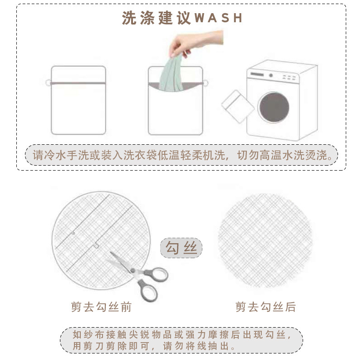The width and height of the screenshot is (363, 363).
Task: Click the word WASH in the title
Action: pyautogui.click(x=219, y=18)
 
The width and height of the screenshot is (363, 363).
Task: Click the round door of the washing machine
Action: pyautogui.click(x=274, y=107)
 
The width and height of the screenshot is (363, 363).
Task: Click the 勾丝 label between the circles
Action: pyautogui.click(x=181, y=249)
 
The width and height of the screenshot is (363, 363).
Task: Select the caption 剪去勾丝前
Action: pyautogui.click(x=101, y=307)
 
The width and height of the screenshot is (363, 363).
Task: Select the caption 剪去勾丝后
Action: pyautogui.click(x=265, y=307)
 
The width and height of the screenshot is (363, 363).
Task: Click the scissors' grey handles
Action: pyautogui.click(x=152, y=281)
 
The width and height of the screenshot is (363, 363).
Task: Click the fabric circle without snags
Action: pyautogui.click(x=265, y=240)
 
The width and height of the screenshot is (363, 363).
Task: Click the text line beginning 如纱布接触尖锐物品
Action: pyautogui.click(x=181, y=335)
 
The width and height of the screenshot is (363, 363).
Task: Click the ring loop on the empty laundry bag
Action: pyautogui.click(x=48, y=83)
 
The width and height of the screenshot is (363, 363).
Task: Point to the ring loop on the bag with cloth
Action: pyautogui.click(x=206, y=83)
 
